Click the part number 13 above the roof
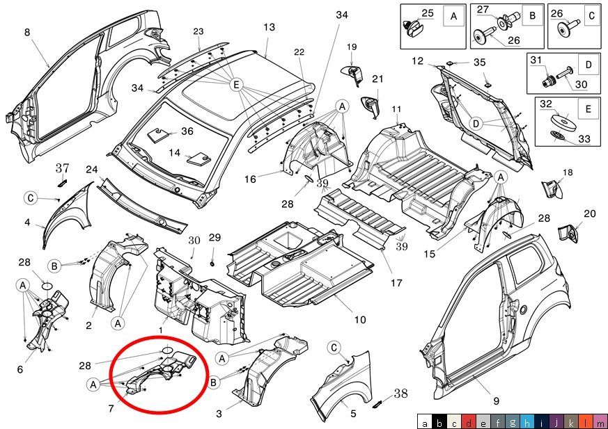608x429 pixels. pyautogui.click(x=269, y=27)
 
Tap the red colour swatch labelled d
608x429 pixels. pyautogui.click(x=469, y=421)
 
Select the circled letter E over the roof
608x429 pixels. pyautogui.click(x=237, y=85)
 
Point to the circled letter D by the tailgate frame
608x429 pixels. pyautogui.click(x=476, y=124)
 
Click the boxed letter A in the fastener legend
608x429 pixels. pyautogui.click(x=453, y=17)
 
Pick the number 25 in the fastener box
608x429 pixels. pyautogui.click(x=428, y=13)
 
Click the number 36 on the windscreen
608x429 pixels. pyautogui.click(x=187, y=131)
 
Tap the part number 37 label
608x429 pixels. pyautogui.click(x=63, y=168)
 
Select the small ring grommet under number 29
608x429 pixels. pyautogui.click(x=213, y=264)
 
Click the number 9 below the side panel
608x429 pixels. pyautogui.click(x=496, y=401)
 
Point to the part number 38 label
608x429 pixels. pyautogui.click(x=401, y=394)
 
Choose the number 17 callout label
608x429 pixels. pyautogui.click(x=396, y=283)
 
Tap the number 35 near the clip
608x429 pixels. pyautogui.click(x=480, y=63)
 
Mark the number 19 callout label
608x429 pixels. pyautogui.click(x=352, y=47)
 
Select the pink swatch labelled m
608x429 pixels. pyautogui.click(x=600, y=421)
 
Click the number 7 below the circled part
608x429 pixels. pyautogui.click(x=111, y=408)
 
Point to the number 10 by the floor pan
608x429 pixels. pyautogui.click(x=360, y=320)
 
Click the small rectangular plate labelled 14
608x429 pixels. pyautogui.click(x=198, y=159)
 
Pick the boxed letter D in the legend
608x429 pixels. pyautogui.click(x=588, y=64)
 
